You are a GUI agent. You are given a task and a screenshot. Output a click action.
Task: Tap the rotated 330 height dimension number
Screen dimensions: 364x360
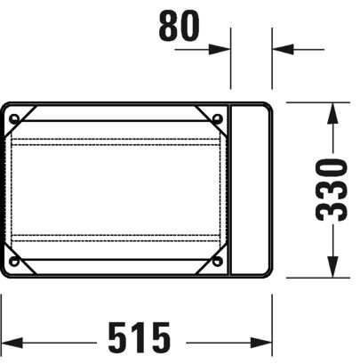pyautogui.click(x=332, y=190)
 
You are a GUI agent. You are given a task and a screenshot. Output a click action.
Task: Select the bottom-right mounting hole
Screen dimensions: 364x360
pyautogui.click(x=216, y=262)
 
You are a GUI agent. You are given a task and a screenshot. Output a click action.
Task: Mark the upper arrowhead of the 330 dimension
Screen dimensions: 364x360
pyautogui.click(x=332, y=110)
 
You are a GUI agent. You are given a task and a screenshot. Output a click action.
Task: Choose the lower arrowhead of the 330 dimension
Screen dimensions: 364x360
pyautogui.click(x=332, y=270)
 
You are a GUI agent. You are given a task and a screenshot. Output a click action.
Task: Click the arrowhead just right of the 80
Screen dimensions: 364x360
pyautogui.click(x=221, y=49)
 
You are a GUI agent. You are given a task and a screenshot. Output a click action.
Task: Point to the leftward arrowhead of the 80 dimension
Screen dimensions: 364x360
pyautogui.click(x=281, y=49)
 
